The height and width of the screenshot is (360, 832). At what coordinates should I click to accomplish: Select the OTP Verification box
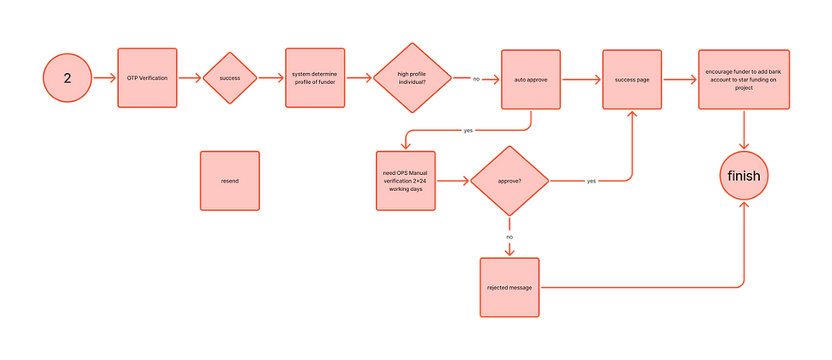147,77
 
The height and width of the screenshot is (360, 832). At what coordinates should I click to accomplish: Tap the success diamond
229,77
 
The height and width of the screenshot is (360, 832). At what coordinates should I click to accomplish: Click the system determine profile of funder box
314,77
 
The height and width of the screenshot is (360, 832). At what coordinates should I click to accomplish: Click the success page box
632,80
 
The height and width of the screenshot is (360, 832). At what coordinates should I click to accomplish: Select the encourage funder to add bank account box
745,77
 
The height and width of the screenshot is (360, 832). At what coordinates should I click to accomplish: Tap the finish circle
745,176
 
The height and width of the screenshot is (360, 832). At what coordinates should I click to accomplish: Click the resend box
229,181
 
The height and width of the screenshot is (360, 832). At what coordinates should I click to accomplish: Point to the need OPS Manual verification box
406,180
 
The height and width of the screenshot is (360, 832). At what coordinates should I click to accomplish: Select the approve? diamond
509,180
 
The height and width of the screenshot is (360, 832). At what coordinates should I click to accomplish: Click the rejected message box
509,287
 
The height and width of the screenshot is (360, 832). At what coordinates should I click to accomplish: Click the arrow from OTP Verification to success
190,78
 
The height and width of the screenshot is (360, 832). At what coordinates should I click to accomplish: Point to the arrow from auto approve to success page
580,80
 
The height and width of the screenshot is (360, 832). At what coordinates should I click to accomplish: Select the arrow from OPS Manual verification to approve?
455,180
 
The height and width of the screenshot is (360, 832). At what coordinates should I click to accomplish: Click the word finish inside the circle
745,176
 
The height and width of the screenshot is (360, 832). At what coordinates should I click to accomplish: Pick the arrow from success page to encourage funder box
678,79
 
